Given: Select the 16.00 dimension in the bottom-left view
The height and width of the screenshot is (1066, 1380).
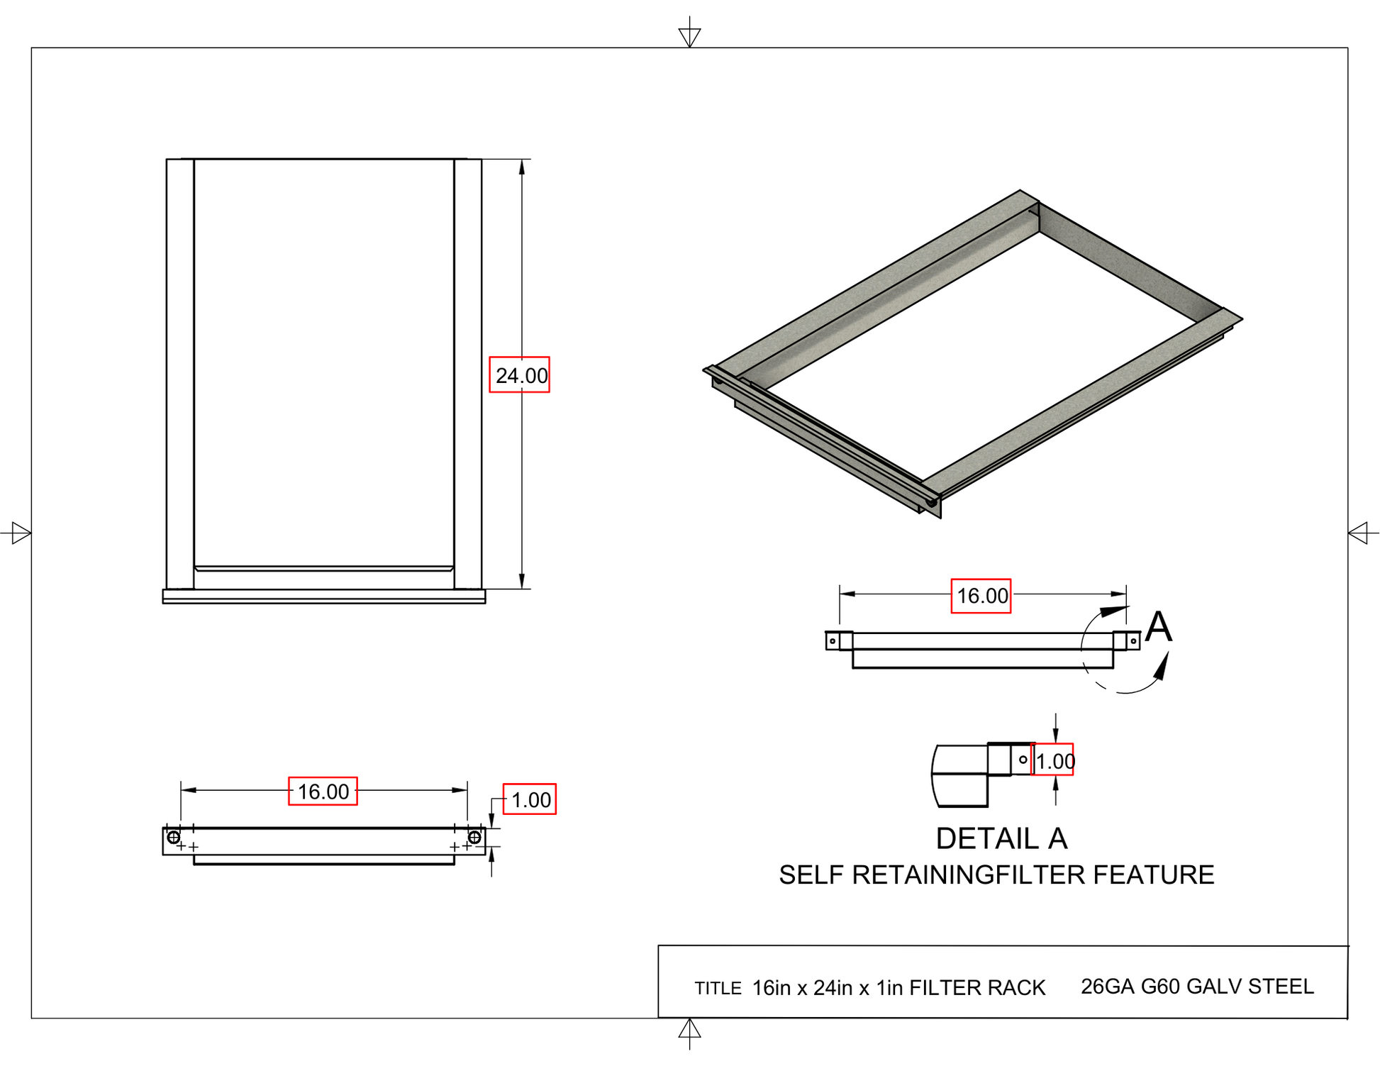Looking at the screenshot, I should [322, 791].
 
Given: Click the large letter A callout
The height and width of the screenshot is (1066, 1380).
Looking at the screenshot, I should [1158, 627].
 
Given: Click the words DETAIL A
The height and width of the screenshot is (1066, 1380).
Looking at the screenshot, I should [1001, 838].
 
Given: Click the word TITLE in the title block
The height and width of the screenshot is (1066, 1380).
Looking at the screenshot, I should [717, 988].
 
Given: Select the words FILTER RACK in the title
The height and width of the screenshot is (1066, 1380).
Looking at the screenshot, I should [976, 987].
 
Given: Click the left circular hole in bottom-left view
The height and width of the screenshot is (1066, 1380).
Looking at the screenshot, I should [173, 837].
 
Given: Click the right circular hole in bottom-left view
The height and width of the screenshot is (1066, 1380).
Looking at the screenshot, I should [474, 837].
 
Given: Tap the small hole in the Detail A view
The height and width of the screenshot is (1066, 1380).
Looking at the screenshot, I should [1023, 759].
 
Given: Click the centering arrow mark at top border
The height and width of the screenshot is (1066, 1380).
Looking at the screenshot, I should [689, 35].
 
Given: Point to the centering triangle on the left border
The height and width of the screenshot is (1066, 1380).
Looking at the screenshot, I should [21, 533].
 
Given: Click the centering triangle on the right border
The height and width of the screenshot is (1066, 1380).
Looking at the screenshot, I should [1359, 533].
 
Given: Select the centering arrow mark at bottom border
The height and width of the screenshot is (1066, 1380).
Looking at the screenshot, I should [689, 1030].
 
